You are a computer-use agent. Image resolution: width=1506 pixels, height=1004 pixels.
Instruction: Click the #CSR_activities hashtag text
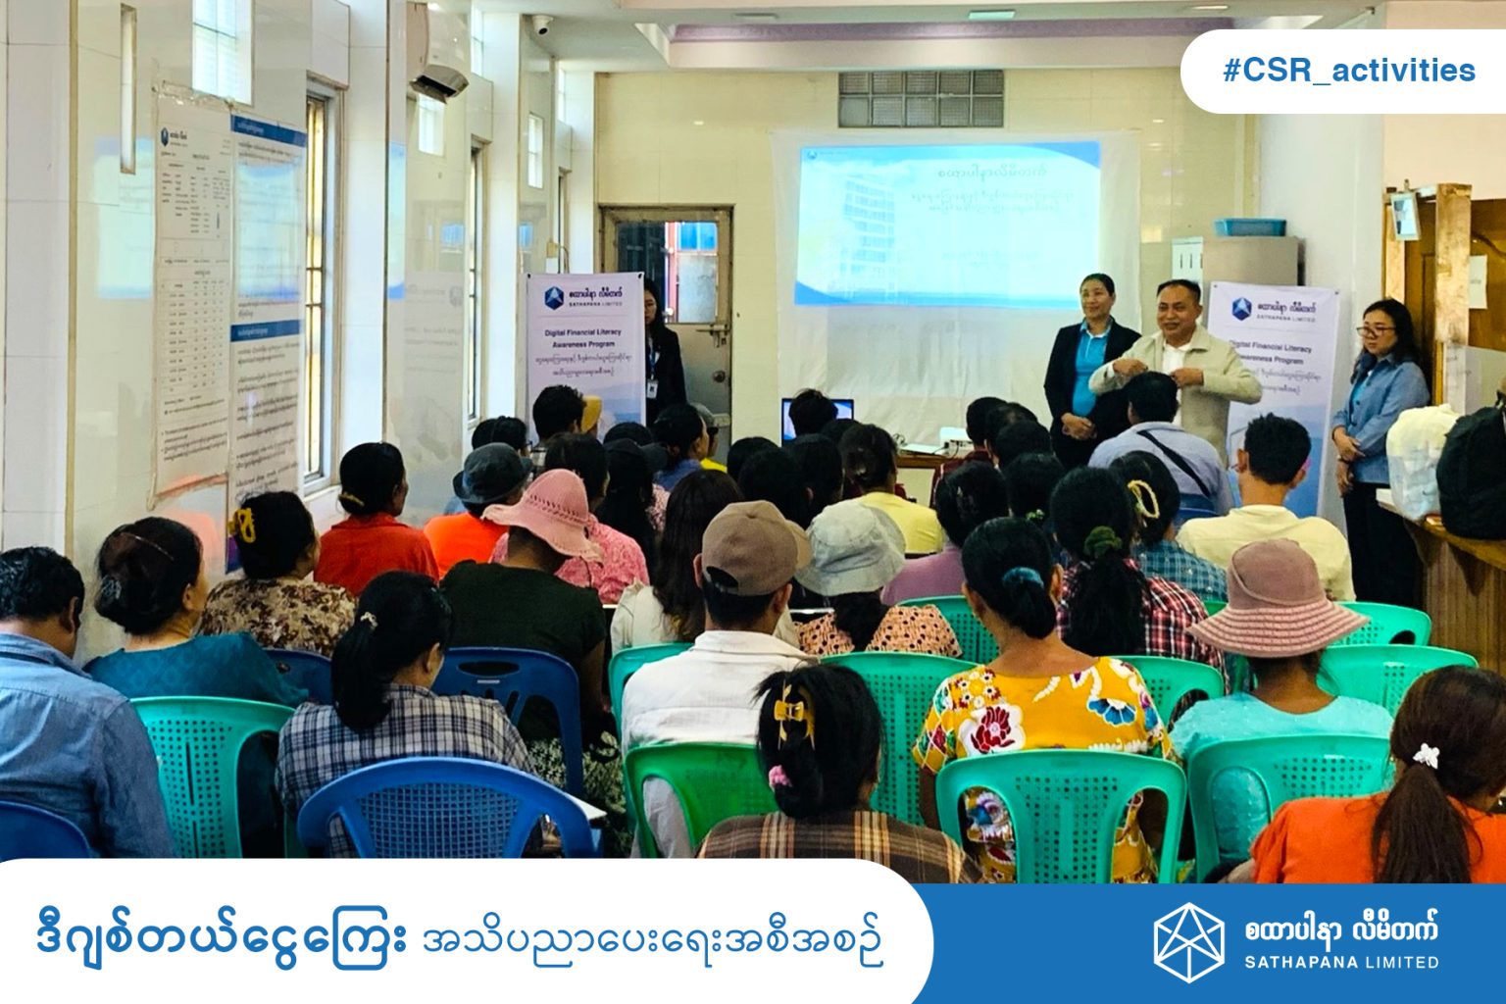(1348, 71)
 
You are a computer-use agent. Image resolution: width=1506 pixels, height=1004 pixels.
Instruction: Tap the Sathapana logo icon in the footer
(1188, 942)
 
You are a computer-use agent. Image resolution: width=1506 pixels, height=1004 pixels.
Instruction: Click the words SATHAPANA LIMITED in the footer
(1341, 962)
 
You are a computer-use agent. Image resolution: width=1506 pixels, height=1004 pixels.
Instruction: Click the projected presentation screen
(946, 224)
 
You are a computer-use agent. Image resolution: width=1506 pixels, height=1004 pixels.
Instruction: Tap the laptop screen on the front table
(817, 417)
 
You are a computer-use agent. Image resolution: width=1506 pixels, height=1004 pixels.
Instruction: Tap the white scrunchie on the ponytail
(1426, 755)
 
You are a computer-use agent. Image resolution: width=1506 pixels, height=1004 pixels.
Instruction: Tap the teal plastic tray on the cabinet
(1249, 227)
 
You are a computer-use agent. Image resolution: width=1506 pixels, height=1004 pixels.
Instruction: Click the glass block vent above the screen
(920, 99)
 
